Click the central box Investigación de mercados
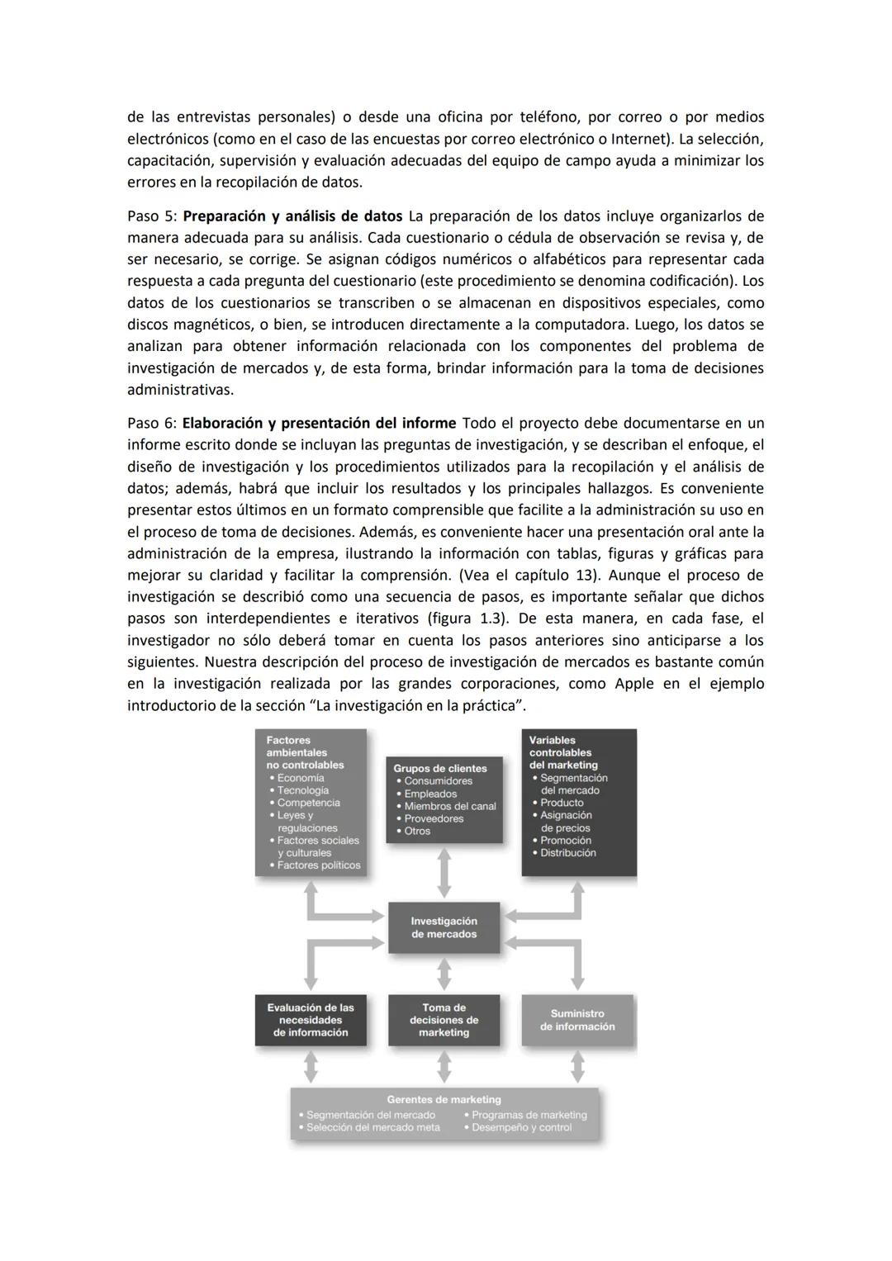coord(444,927)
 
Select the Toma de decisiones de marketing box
coord(444,1020)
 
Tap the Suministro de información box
coord(577,1020)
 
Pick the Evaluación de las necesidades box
coord(311,1020)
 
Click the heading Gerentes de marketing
coord(444,1099)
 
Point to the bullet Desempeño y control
coord(521,1127)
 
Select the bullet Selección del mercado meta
coord(372,1127)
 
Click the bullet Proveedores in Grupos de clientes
coord(434,818)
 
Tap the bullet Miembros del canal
coord(450,806)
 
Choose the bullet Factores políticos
coord(319,865)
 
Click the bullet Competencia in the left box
coord(308,803)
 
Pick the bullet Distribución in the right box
coord(567,853)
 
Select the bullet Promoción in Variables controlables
coord(565,841)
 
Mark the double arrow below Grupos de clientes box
coord(444,872)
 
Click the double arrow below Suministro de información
coord(577,1065)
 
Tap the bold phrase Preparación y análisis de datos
coord(292,216)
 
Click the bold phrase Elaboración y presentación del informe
coord(319,424)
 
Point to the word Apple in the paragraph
coord(633,684)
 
